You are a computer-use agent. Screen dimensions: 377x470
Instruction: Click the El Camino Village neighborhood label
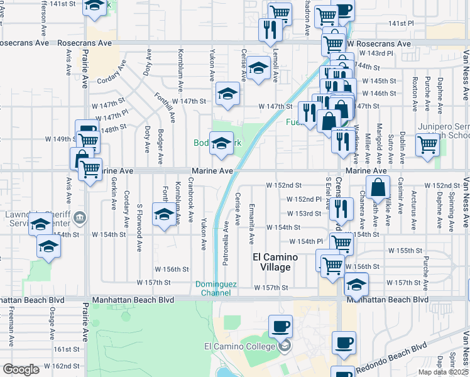271,262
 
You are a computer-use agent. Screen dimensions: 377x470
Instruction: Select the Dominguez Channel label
216,288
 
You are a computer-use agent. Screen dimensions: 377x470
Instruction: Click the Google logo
21,369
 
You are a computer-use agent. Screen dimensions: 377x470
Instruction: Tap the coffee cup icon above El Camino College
280,326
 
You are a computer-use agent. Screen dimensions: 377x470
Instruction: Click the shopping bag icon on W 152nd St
378,187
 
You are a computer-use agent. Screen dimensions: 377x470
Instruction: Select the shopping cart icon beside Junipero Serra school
428,144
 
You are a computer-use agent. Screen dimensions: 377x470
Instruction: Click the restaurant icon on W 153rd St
340,207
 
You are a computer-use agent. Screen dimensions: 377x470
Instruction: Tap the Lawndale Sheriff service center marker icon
79,219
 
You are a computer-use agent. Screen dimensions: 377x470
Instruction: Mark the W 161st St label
67,349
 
